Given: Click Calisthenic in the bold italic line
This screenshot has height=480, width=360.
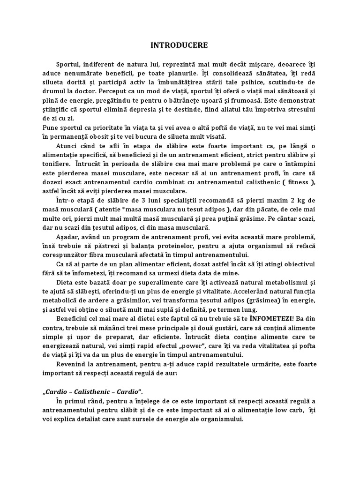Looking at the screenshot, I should [x=93, y=391].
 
